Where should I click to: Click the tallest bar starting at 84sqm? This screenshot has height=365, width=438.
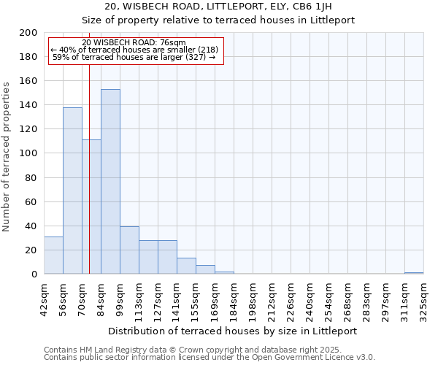coord(110,182)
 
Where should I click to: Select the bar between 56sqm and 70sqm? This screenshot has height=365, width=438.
coord(72,191)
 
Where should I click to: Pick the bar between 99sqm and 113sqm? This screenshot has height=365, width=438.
coord(129,250)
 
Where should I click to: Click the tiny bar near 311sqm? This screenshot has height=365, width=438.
coord(414,273)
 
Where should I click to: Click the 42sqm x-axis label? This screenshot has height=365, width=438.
coord(44,299)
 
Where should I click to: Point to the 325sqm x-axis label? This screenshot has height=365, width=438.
coord(423,299)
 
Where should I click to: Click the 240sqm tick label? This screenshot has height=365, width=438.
coord(310,299)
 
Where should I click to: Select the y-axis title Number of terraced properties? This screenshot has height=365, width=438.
coord(7,156)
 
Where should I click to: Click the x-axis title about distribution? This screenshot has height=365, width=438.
coord(233,331)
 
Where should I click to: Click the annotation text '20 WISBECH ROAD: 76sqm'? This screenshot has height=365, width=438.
coord(134,43)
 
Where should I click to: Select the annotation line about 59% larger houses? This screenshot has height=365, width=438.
coord(134,57)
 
